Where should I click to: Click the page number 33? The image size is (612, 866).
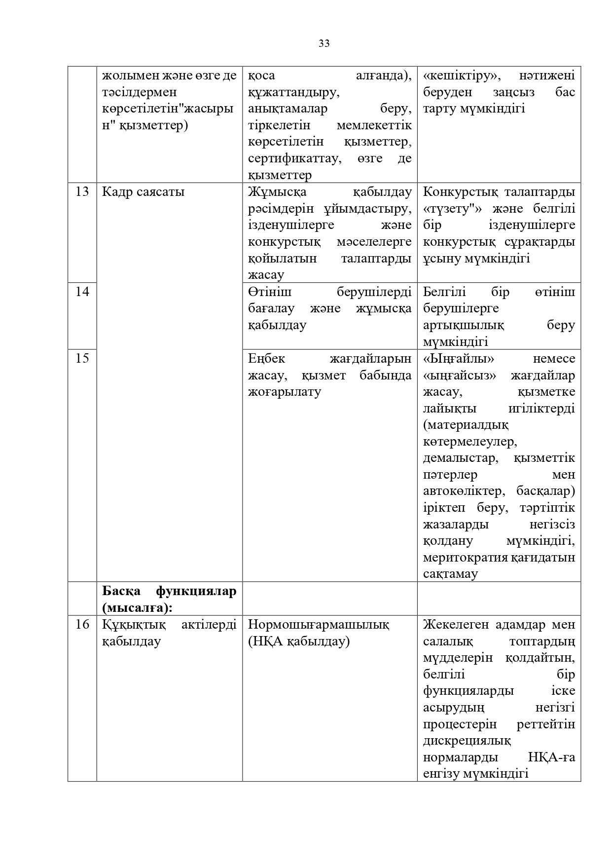324,43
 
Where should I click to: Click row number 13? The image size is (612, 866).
82,191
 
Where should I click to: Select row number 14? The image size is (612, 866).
82,292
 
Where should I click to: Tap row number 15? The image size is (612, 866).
82,358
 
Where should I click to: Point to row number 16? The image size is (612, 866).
82,624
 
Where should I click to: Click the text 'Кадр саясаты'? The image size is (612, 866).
143,191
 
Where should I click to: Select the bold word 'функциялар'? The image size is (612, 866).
196,591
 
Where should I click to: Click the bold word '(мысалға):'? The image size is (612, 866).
137,607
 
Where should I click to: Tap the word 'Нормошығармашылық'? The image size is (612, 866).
318,624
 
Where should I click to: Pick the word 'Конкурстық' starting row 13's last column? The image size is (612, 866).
457,191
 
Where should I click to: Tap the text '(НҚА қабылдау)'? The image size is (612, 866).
298,641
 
